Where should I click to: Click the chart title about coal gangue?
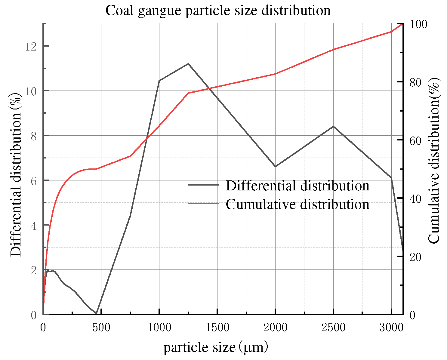pyautogui.click(x=218, y=11)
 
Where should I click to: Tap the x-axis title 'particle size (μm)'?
pyautogui.click(x=215, y=347)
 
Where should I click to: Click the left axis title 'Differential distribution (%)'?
pyautogui.click(x=16, y=174)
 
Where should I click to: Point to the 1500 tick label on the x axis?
pyautogui.click(x=217, y=327)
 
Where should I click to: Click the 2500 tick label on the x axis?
pyautogui.click(x=333, y=327)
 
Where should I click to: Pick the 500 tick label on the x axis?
pyautogui.click(x=101, y=327)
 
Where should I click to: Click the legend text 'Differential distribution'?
pyautogui.click(x=297, y=186)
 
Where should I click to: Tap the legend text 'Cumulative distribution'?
pyautogui.click(x=297, y=204)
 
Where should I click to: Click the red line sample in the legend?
pyautogui.click(x=203, y=204)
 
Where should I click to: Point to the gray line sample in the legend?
pyautogui.click(x=203, y=185)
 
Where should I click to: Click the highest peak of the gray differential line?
pyautogui.click(x=188, y=64)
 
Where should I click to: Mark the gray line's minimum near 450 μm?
pyautogui.click(x=96, y=313)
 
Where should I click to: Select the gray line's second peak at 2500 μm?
pyautogui.click(x=333, y=126)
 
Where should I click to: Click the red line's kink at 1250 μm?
pyautogui.click(x=188, y=93)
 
